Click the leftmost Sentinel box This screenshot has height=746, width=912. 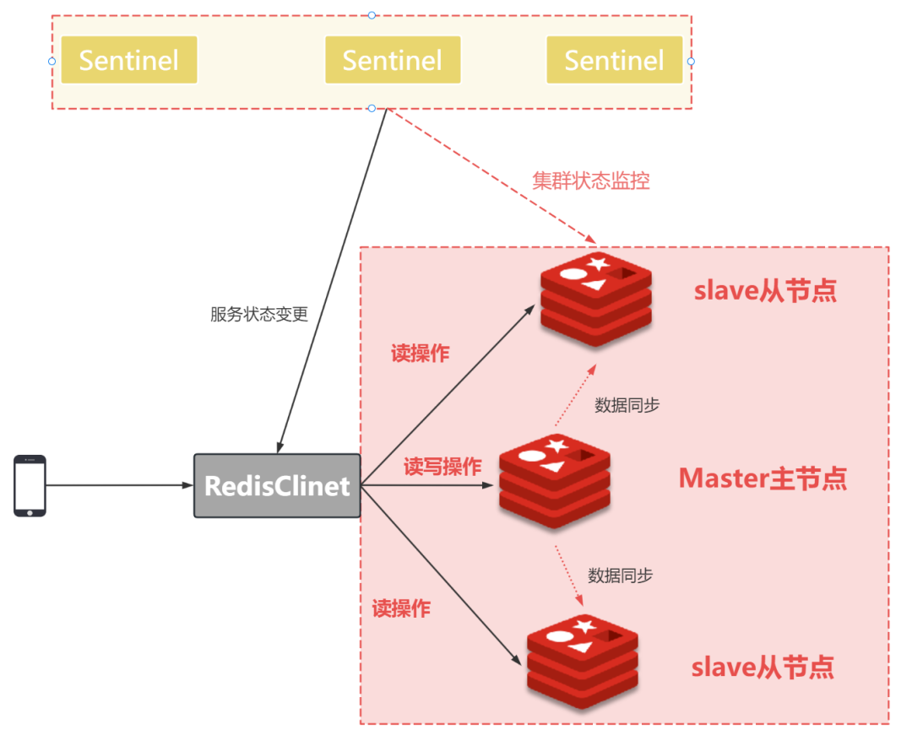(128, 60)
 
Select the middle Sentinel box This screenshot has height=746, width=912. (393, 60)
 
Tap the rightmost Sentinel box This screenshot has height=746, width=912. (614, 60)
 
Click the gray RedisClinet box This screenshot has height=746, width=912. (277, 486)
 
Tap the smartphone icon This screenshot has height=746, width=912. (30, 485)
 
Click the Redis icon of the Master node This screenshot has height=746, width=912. (554, 481)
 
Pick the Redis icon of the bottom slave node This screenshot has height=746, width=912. (583, 663)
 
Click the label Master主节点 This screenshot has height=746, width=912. (763, 478)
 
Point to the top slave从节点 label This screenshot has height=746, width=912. (765, 290)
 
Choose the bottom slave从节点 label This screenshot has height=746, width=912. (763, 667)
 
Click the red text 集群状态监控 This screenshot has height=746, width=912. (591, 181)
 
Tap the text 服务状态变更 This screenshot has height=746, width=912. (259, 315)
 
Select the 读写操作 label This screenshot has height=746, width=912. (442, 467)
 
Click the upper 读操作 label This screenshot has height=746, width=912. (420, 354)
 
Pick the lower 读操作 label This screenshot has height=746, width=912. (401, 608)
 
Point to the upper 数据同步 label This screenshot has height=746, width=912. (627, 405)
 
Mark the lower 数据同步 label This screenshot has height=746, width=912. (620, 576)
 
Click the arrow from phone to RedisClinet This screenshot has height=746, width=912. (118, 485)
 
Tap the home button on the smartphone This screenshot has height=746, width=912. (30, 511)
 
